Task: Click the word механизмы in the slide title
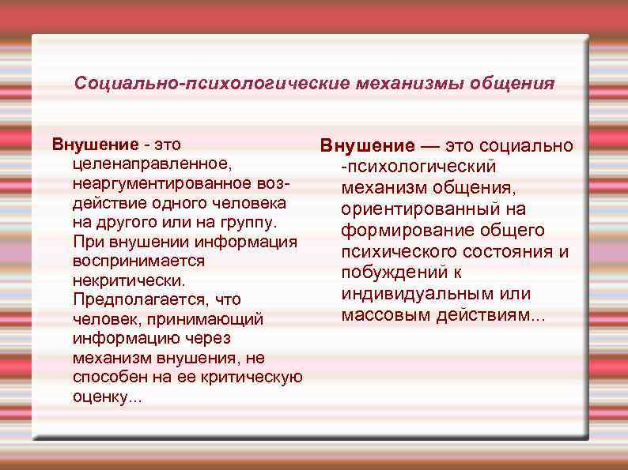point(407,83)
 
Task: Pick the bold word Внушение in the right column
point(366,146)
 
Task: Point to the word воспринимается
point(138,261)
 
